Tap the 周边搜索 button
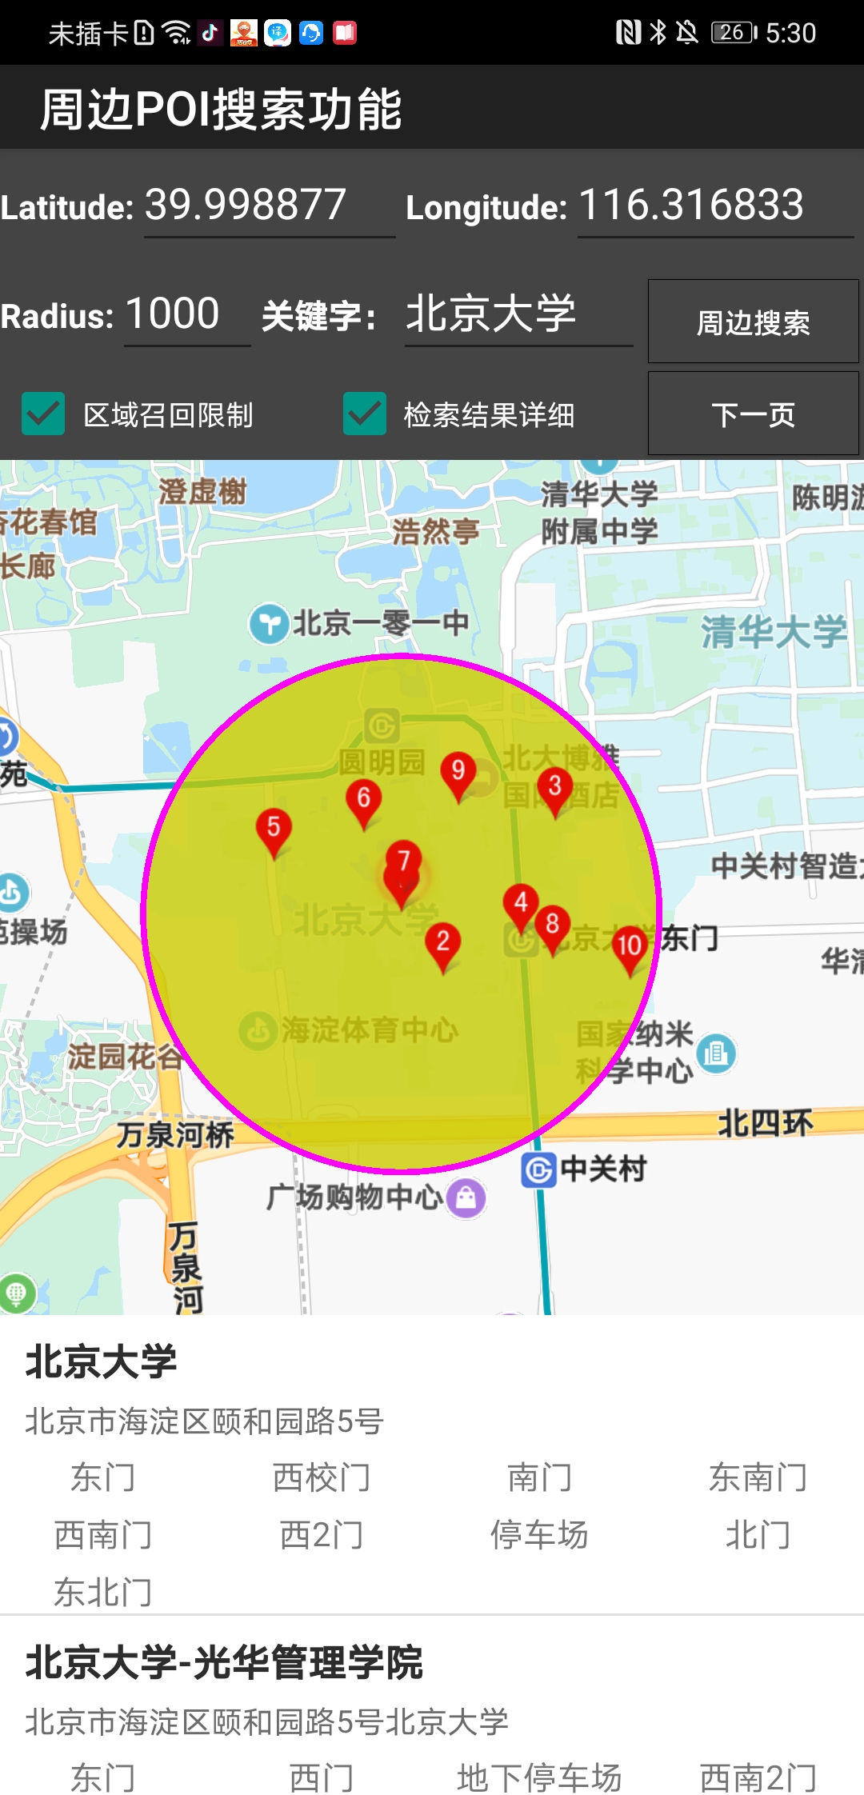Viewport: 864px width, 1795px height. tap(753, 322)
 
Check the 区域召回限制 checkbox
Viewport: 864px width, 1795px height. tap(43, 414)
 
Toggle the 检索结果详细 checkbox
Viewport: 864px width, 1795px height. tap(365, 414)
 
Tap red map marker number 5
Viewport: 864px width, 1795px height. tap(274, 829)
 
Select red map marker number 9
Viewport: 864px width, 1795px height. tap(458, 772)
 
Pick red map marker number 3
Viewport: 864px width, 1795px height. tap(555, 788)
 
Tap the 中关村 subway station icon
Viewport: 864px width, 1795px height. tap(538, 1170)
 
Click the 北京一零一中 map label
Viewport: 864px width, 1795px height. tap(379, 623)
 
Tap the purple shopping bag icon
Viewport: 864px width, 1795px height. tap(466, 1197)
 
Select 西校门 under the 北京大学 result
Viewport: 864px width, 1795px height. tap(322, 1477)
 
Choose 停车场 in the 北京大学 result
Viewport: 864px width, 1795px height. tap(539, 1535)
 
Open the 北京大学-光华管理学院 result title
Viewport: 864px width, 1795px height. tap(224, 1663)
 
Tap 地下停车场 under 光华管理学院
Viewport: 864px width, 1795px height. tap(539, 1777)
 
